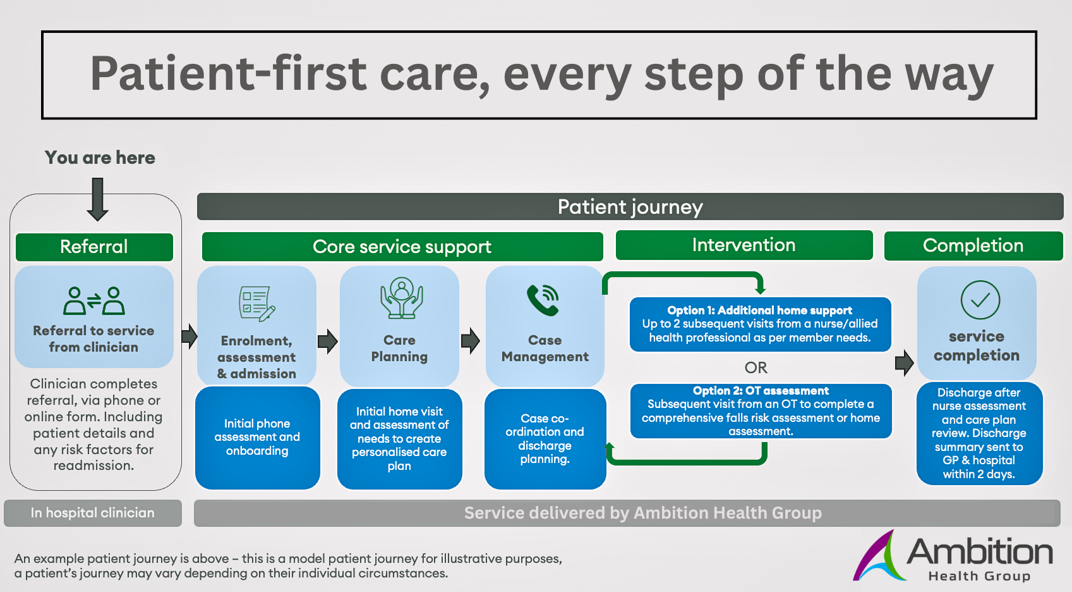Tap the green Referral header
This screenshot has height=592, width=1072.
tap(94, 247)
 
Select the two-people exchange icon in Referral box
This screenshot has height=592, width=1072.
tap(94, 301)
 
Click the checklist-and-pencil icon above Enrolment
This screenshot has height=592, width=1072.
tap(256, 304)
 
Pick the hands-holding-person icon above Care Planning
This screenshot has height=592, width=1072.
tap(401, 298)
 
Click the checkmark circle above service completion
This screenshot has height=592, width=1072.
tap(980, 300)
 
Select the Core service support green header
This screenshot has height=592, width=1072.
tap(402, 247)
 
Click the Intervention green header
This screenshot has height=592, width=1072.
tap(744, 245)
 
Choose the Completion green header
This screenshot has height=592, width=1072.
tap(973, 245)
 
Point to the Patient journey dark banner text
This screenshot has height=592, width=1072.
tap(630, 207)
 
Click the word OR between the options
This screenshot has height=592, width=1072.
tap(756, 367)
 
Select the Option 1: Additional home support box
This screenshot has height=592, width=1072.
tap(760, 324)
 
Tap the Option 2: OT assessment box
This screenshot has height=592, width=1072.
tap(761, 411)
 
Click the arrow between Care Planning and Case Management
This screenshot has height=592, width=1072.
tap(470, 341)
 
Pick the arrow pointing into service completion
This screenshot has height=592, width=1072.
tap(904, 363)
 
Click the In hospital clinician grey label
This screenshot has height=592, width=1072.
tap(93, 513)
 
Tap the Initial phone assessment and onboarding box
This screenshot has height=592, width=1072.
tap(257, 437)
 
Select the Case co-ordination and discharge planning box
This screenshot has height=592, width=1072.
tap(545, 439)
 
